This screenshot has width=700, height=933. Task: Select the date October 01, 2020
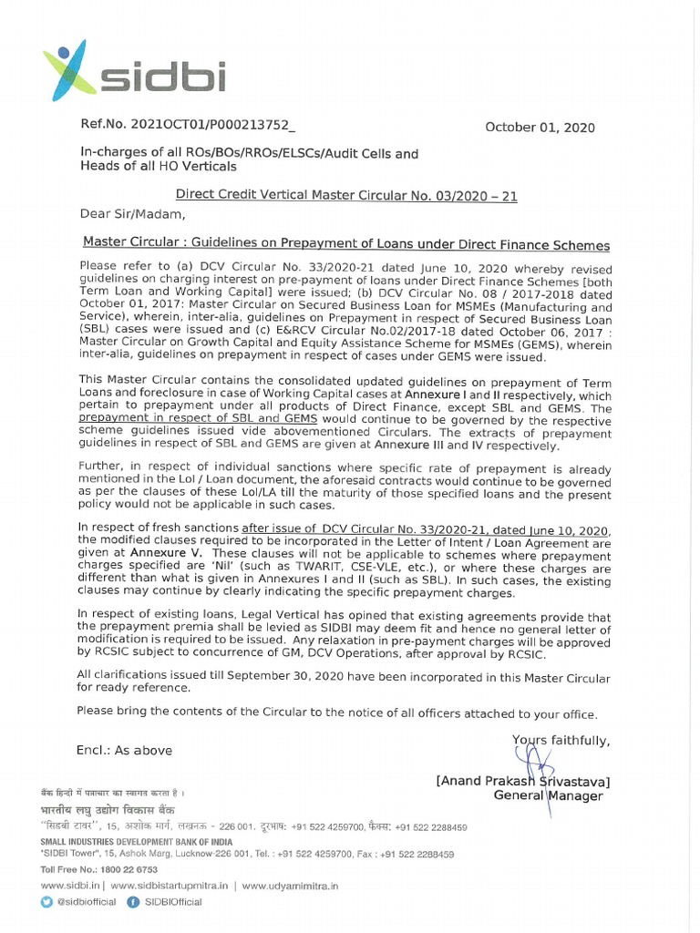pos(539,128)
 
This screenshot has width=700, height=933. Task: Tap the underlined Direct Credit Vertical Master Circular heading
pos(345,196)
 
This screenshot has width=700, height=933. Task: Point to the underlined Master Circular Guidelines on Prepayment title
pos(345,245)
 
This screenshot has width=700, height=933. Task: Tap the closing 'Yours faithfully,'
pos(561,740)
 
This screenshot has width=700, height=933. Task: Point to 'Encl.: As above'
pos(124,750)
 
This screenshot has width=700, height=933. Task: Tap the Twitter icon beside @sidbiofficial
pos(47,902)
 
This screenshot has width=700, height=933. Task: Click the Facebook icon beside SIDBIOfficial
pos(133,902)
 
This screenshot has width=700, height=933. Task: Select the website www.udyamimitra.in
pos(290,885)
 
